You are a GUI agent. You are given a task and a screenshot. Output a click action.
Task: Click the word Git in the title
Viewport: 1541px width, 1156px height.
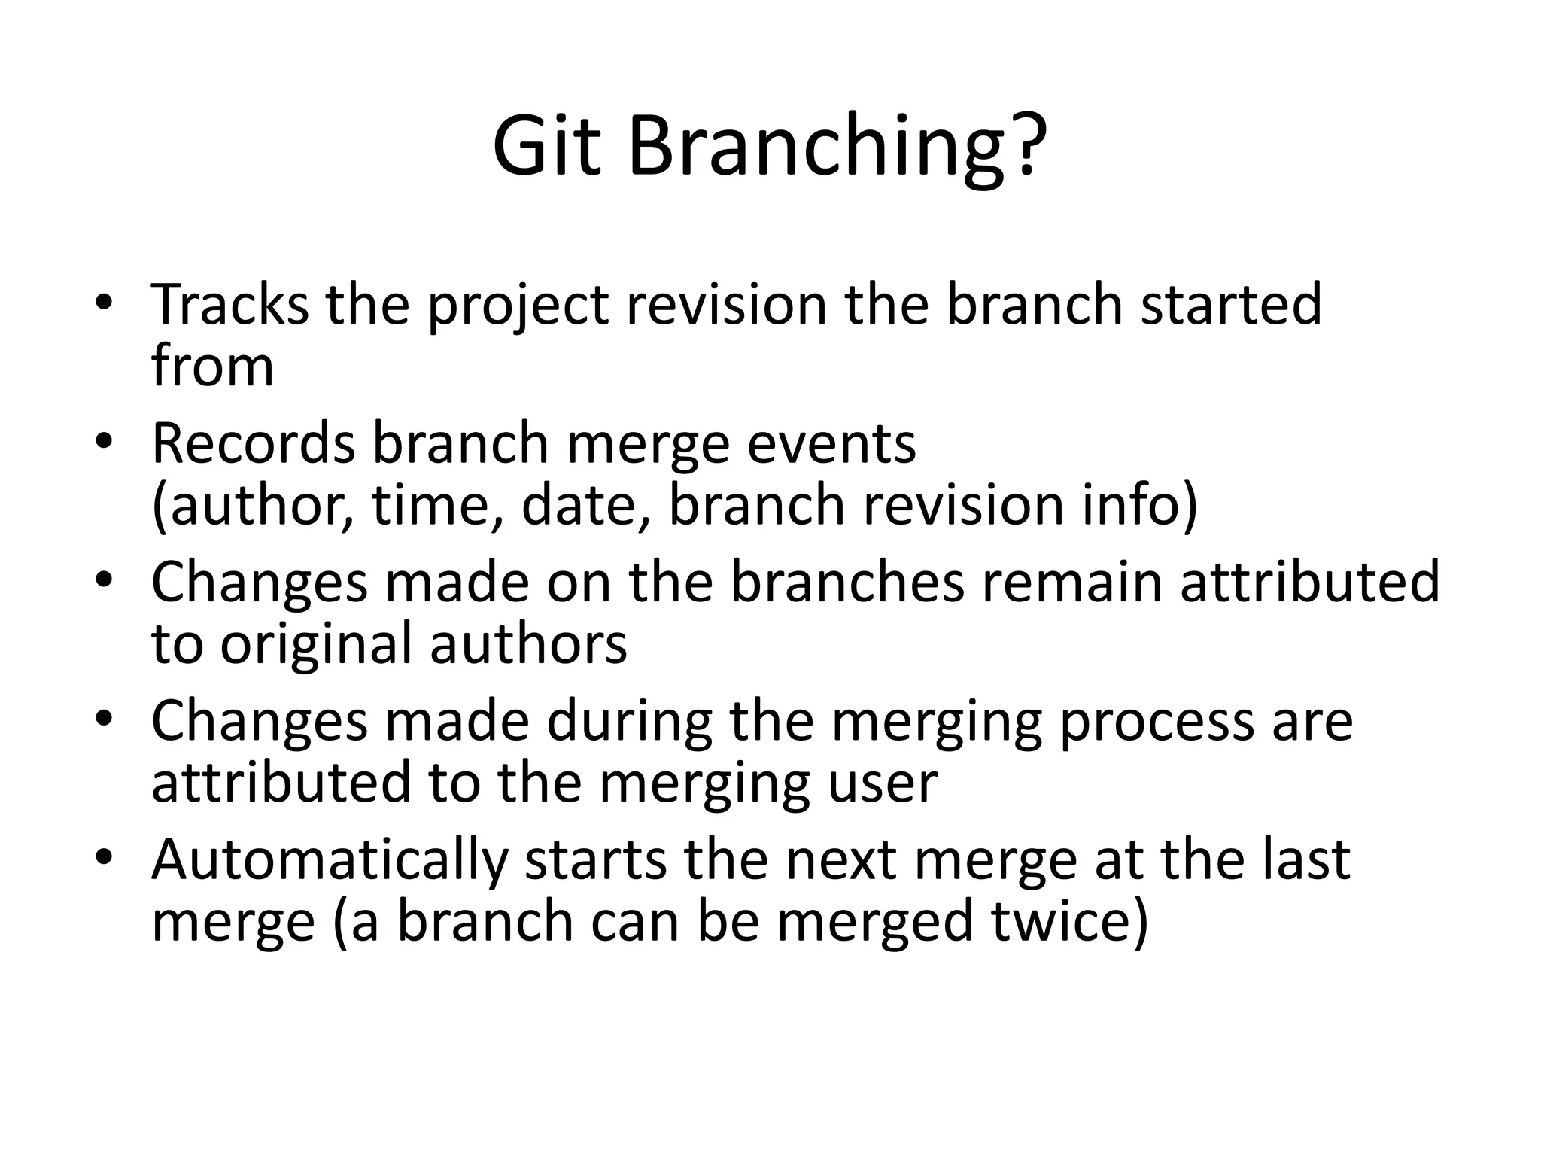(547, 146)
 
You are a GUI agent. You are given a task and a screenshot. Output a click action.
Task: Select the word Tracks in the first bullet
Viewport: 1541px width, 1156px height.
(229, 304)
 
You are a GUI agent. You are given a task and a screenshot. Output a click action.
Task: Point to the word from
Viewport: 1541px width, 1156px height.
(212, 367)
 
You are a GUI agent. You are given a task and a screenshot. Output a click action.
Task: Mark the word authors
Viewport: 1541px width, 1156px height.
(528, 645)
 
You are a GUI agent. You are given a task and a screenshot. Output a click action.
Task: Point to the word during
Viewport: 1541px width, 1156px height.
(629, 722)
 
